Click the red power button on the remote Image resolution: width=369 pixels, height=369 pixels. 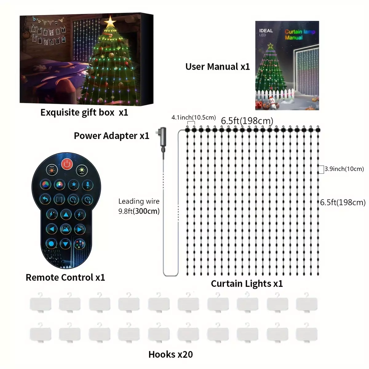tap(67, 164)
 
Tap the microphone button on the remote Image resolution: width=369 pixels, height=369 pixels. tap(88, 185)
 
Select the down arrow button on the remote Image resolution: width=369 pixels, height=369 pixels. tap(65, 244)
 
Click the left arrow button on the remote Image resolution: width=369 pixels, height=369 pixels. tap(52, 229)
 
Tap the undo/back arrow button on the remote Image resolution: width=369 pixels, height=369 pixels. tap(46, 200)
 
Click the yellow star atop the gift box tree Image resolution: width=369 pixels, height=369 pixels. tap(110, 22)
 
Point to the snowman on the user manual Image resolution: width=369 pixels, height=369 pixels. tap(273, 103)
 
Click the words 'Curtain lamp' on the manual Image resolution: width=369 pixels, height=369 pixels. tap(300, 32)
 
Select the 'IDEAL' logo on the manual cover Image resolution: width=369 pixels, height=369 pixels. tap(266, 31)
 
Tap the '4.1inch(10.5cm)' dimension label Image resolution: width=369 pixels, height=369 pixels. tap(194, 117)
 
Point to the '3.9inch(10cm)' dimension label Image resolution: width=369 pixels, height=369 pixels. tap(344, 169)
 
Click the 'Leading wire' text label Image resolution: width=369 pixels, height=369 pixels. tap(139, 201)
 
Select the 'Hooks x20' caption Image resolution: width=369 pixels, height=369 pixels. tap(171, 355)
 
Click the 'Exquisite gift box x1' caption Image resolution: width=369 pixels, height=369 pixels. tap(84, 113)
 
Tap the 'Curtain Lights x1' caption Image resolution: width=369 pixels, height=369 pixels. tap(247, 284)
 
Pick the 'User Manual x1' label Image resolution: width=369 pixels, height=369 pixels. tap(218, 67)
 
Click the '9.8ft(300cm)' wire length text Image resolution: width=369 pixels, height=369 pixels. tap(139, 211)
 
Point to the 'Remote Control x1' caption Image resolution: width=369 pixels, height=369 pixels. tap(65, 277)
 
